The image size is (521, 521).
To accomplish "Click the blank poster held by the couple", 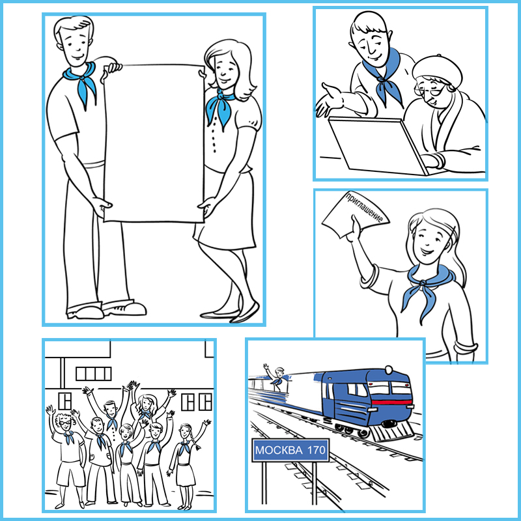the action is point(154,143).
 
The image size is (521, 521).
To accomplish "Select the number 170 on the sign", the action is point(317,450).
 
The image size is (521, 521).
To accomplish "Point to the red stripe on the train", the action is point(391,402).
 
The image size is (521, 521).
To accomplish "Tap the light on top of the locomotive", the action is point(389,369).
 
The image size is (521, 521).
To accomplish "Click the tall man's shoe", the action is point(124,308).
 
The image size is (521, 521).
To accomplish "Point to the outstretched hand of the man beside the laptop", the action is point(329,99).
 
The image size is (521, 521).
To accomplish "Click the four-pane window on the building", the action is point(93,374).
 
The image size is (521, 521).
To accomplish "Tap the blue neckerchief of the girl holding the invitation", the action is point(425,289).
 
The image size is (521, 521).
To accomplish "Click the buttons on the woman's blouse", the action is point(214,135).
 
